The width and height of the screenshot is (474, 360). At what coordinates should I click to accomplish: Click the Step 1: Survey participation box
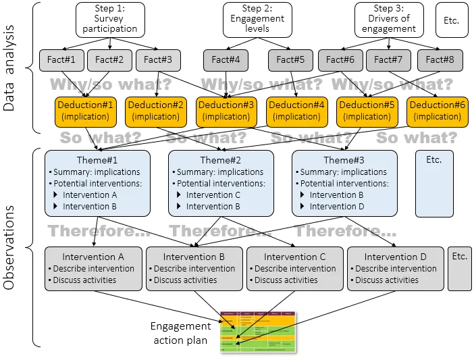point(110,20)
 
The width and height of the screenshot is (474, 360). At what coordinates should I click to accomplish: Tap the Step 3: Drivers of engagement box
point(388,20)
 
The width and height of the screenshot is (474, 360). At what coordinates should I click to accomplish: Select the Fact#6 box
point(340,60)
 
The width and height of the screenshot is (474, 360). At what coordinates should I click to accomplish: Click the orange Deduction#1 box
point(86,111)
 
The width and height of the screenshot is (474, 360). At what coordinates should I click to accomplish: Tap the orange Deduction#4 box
point(296,111)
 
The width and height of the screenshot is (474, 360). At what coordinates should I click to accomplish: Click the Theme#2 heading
point(220,160)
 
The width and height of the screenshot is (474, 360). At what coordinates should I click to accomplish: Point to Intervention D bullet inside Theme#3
point(337,206)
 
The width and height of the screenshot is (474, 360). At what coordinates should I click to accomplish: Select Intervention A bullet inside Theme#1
point(90,195)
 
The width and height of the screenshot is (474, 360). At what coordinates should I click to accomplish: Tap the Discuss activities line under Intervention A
point(84,280)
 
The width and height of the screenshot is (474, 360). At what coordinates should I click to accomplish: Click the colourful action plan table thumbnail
point(259,332)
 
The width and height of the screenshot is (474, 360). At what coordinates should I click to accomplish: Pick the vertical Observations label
point(9,248)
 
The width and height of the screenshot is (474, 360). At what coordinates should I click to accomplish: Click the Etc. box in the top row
point(452,20)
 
